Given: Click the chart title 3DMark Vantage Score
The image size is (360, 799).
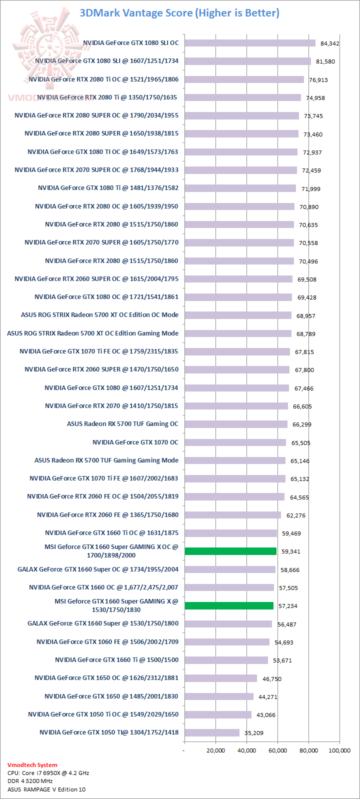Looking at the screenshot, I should [179, 13].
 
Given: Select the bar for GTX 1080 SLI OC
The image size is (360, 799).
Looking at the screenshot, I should [250, 43].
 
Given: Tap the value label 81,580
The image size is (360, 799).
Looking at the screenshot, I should [325, 61].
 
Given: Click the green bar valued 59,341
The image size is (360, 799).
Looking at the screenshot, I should [230, 551].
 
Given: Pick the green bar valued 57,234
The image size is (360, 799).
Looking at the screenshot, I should [229, 605].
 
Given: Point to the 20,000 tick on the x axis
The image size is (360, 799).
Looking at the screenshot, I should [215, 750].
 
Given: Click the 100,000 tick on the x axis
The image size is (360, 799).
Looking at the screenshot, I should [338, 750].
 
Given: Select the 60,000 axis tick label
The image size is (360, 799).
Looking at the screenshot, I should [277, 750].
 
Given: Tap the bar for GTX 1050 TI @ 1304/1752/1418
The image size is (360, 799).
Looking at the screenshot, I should [212, 732].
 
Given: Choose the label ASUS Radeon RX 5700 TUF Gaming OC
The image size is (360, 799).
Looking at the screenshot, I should [122, 424].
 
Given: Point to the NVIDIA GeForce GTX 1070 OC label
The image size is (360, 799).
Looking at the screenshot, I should [135, 442].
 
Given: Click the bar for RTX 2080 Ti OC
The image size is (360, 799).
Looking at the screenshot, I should [244, 79].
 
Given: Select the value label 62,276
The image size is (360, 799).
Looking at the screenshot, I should [295, 515].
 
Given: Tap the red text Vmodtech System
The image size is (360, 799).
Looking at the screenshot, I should [32, 765].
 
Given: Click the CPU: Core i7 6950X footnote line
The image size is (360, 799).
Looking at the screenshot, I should [48, 773].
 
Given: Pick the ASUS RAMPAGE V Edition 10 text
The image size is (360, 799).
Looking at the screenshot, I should [46, 789].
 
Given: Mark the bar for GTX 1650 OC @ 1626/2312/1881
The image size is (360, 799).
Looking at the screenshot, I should [220, 678].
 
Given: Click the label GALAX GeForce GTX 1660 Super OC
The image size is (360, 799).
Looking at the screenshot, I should [98, 569].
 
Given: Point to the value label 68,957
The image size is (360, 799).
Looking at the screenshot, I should [306, 316].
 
